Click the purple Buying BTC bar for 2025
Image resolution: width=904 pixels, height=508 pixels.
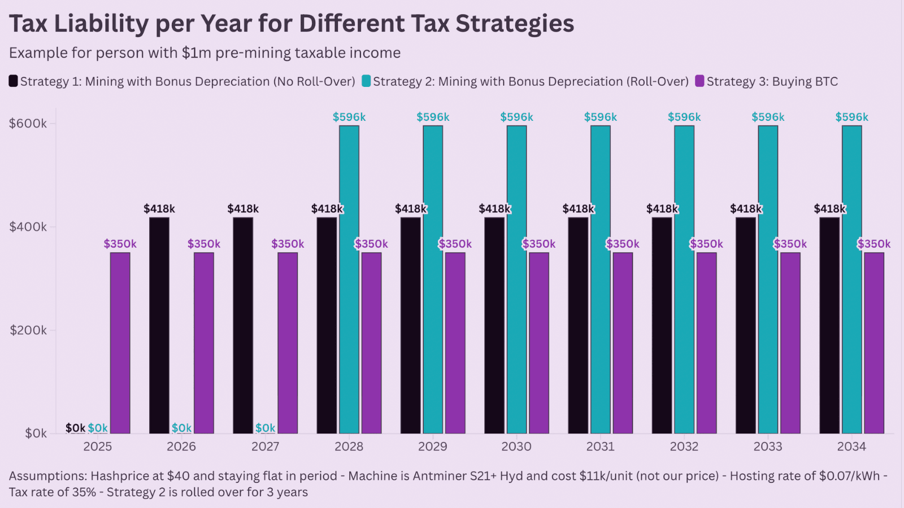pos(120,343)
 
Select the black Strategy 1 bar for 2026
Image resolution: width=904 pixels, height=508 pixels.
pos(159,326)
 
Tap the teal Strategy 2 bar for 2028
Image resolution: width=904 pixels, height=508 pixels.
pos(349,279)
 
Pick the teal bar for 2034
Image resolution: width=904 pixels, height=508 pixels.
pos(851,279)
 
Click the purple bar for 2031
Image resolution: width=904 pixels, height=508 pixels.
pos(623,343)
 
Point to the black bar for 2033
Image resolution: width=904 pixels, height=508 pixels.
pos(745,326)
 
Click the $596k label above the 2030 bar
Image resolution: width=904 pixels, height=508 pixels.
pos(516,117)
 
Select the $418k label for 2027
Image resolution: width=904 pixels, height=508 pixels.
pos(243,209)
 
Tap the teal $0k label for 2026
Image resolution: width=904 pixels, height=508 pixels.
pos(181,428)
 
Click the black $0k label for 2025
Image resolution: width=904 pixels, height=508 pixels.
pos(75,428)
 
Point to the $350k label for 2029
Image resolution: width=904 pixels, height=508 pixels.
pos(455,244)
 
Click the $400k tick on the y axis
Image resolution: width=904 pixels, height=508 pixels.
pos(28,227)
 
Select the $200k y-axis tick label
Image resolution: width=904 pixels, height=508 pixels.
pos(28,330)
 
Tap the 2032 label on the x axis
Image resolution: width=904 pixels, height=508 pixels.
pos(684,446)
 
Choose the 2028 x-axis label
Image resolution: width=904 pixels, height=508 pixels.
pos(349,446)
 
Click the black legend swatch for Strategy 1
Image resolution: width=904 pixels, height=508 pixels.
pos(13,81)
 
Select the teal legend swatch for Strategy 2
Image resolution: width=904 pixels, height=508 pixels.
pos(366,81)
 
